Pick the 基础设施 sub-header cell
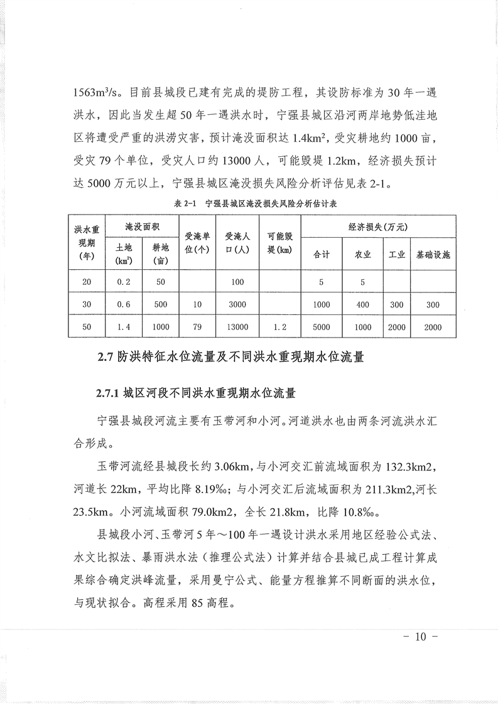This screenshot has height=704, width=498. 433,255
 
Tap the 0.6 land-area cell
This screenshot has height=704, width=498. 124,304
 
